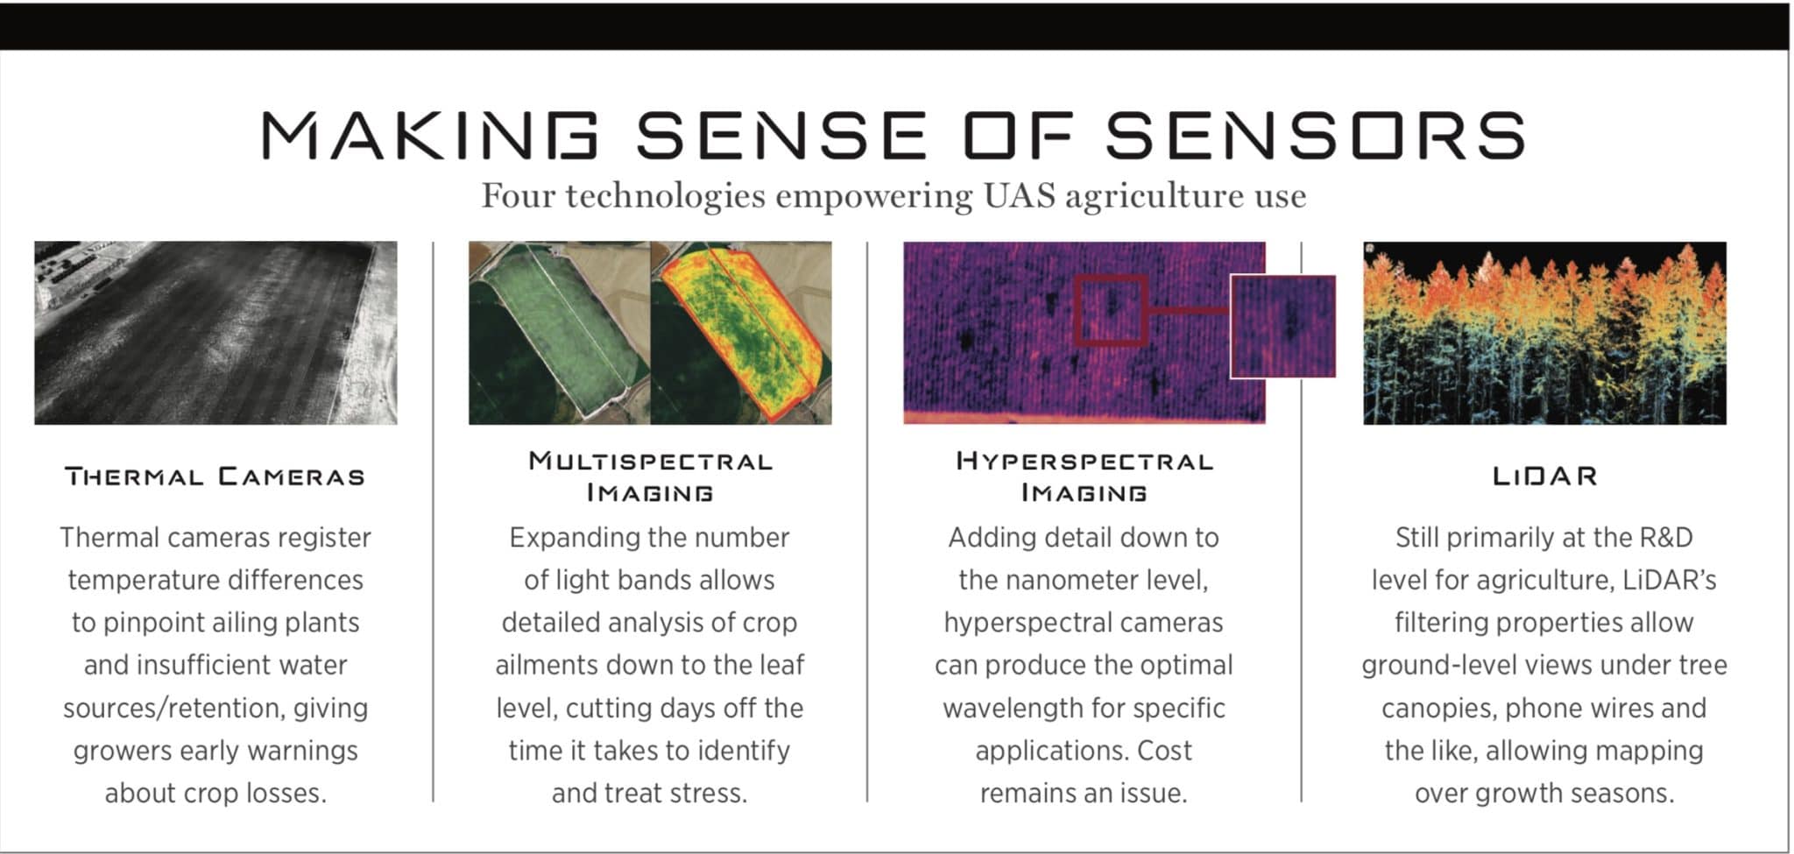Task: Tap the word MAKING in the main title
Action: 430,136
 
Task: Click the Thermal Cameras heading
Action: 215,476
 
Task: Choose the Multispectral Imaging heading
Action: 650,476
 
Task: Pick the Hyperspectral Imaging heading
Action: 1084,476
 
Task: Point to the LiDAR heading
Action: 1545,476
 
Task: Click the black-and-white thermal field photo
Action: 215,333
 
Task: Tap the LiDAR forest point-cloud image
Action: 1545,333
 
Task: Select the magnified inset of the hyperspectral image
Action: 1283,326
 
